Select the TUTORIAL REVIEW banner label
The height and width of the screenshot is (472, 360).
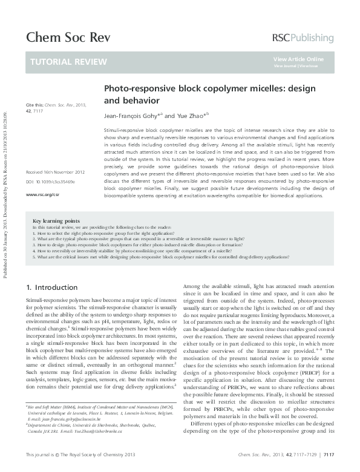click(x=68, y=62)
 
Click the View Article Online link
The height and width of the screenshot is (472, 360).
click(x=298, y=59)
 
